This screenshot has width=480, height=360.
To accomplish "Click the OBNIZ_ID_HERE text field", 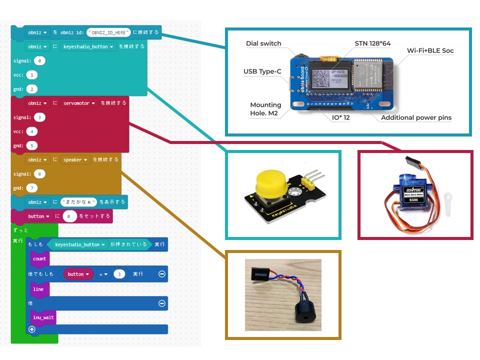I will click(x=108, y=32).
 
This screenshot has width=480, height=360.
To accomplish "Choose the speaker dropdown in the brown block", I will click(x=75, y=160).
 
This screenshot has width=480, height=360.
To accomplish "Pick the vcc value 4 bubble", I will click(x=31, y=131).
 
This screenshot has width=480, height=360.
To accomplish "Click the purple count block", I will click(x=39, y=258).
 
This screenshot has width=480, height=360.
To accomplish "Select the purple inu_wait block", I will click(x=43, y=317).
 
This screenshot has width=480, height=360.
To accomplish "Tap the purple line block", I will click(x=38, y=289).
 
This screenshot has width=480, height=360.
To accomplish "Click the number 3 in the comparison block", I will click(x=119, y=274).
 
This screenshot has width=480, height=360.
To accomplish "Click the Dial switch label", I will click(x=263, y=43).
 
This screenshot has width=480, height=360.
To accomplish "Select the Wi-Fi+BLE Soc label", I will click(x=430, y=50).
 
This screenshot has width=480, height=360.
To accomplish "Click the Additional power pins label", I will click(x=416, y=118).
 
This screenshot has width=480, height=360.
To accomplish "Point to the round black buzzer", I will click(x=304, y=310).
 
